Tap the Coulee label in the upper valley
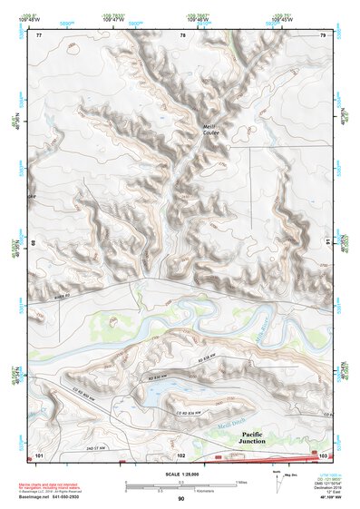point(210,135)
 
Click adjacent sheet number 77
point(39,34)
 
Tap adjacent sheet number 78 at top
point(183,34)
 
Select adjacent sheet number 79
point(322,34)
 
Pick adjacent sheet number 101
point(39,453)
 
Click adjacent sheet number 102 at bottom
point(181,454)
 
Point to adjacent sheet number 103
point(323,453)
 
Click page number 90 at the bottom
point(180,499)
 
